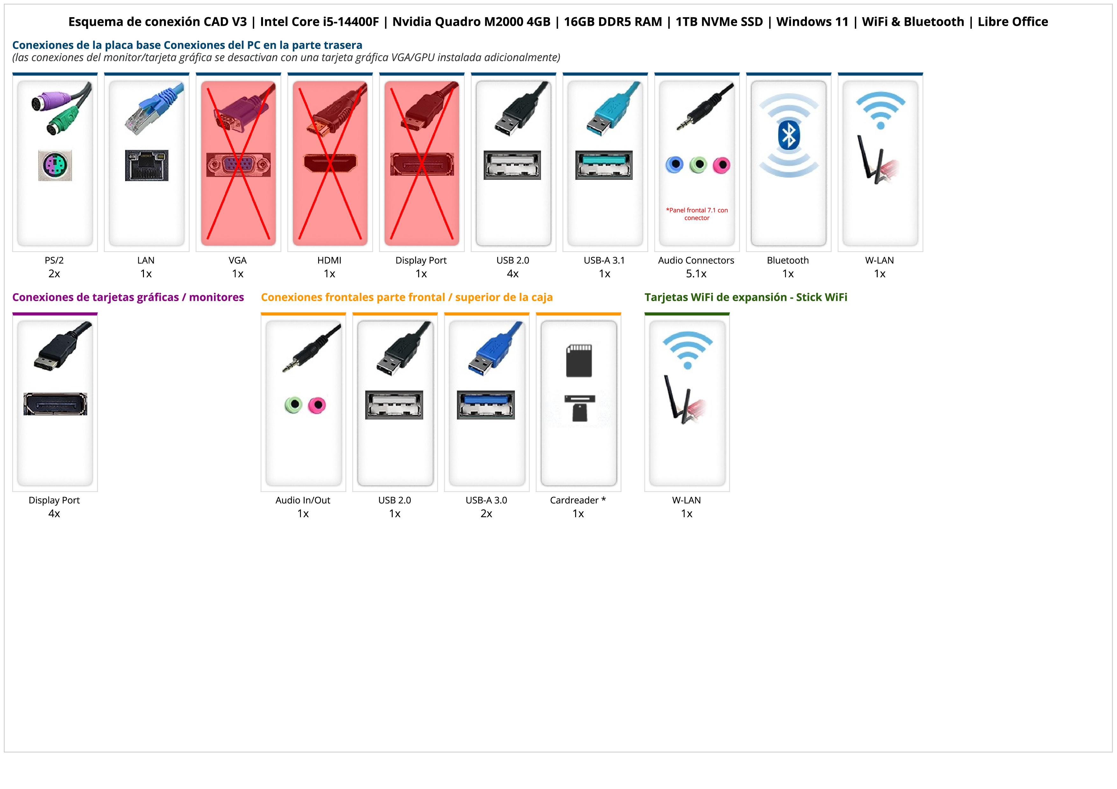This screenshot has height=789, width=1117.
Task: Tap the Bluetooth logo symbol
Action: click(x=788, y=135)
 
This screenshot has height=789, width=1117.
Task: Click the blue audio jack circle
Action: click(x=674, y=165)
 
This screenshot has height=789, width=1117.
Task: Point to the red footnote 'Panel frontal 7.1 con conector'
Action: click(x=697, y=214)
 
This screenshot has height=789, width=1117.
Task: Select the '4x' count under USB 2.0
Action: click(x=512, y=274)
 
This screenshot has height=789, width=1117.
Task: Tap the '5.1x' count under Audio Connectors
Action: click(x=696, y=274)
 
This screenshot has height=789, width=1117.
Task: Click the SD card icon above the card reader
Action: click(x=579, y=361)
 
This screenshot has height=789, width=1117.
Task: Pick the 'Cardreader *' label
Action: click(x=578, y=500)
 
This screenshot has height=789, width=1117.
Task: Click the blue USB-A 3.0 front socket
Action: click(x=486, y=405)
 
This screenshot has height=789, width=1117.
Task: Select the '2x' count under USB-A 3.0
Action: click(x=486, y=514)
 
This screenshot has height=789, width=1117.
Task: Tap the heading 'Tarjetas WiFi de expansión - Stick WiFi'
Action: click(x=745, y=298)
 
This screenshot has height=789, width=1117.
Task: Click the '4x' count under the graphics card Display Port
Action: click(x=54, y=514)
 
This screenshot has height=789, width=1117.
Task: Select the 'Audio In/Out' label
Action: click(x=302, y=500)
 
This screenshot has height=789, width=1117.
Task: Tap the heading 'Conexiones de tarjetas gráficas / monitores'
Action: click(x=128, y=298)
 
